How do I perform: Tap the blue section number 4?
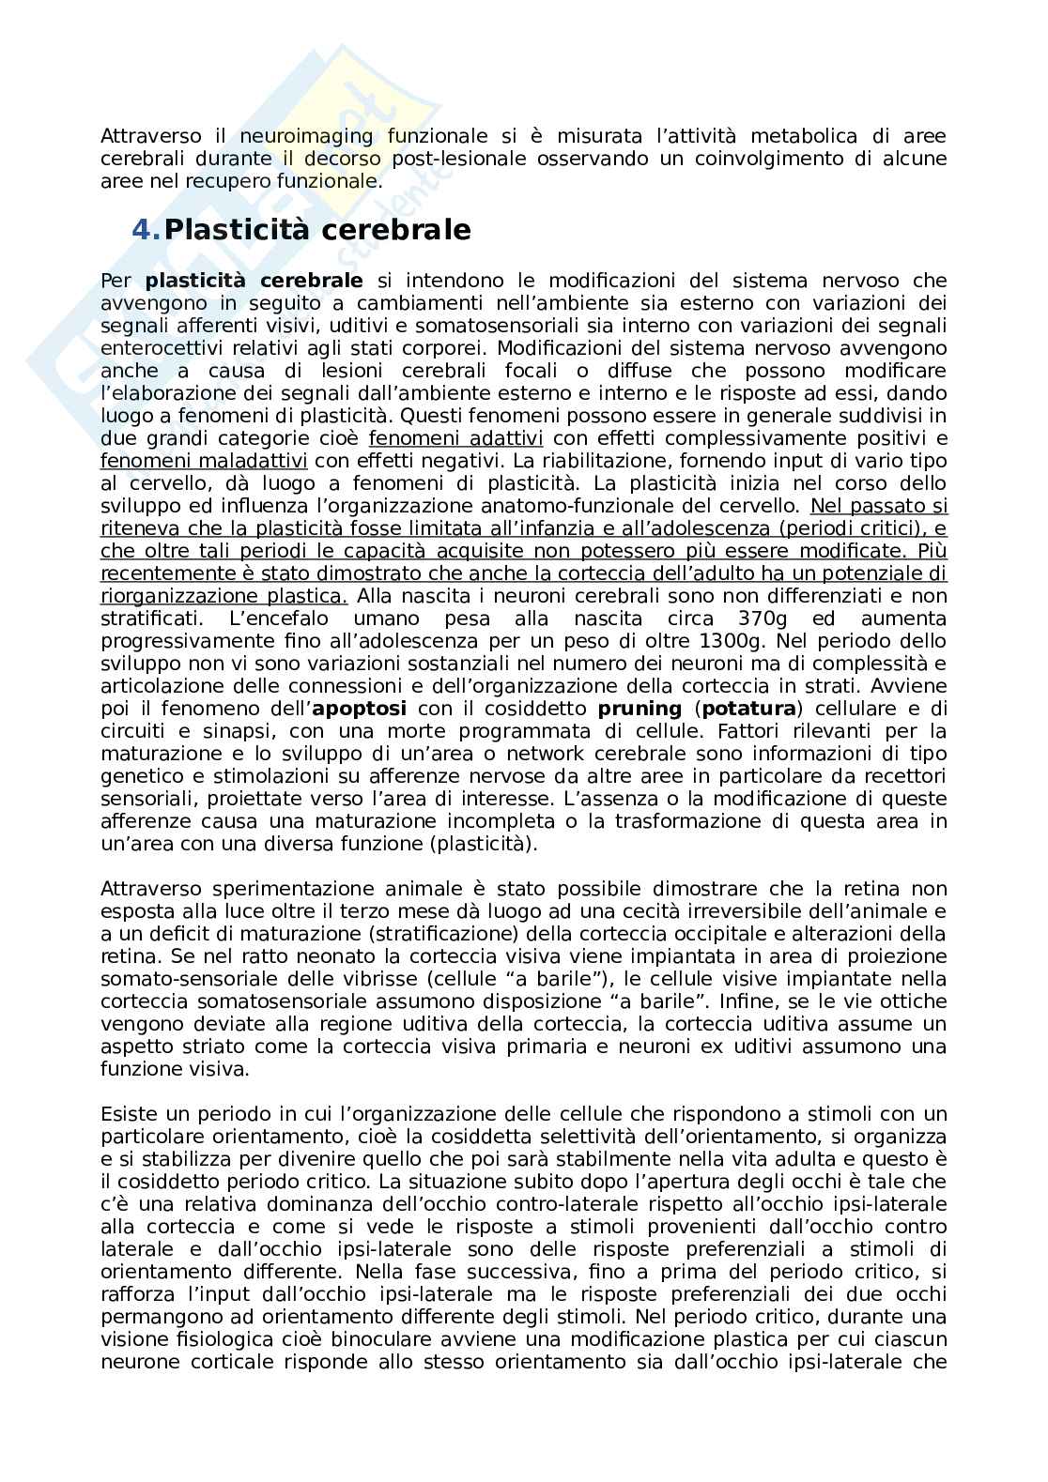coord(146,230)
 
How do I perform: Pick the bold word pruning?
coord(640,709)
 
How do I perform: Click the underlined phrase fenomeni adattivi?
coord(455,438)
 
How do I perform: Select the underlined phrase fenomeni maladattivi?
coord(204,461)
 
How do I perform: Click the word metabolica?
coord(743,136)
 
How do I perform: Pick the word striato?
coord(192,1047)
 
